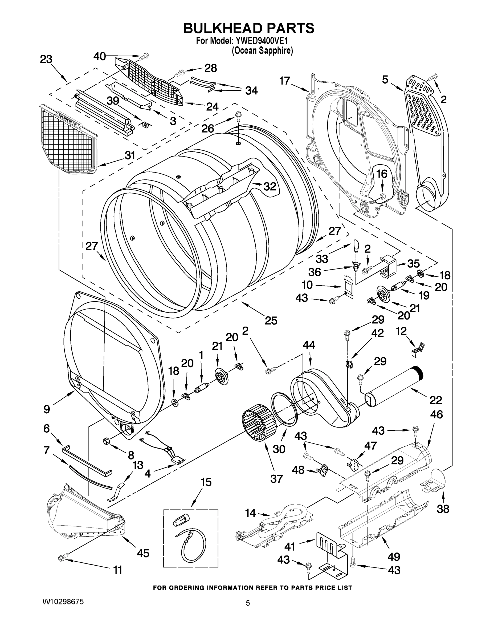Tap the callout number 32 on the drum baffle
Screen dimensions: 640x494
[x=269, y=186]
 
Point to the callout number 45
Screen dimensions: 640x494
[x=143, y=553]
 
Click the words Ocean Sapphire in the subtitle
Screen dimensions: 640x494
[x=262, y=51]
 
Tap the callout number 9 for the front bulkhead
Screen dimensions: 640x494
[x=47, y=409]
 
